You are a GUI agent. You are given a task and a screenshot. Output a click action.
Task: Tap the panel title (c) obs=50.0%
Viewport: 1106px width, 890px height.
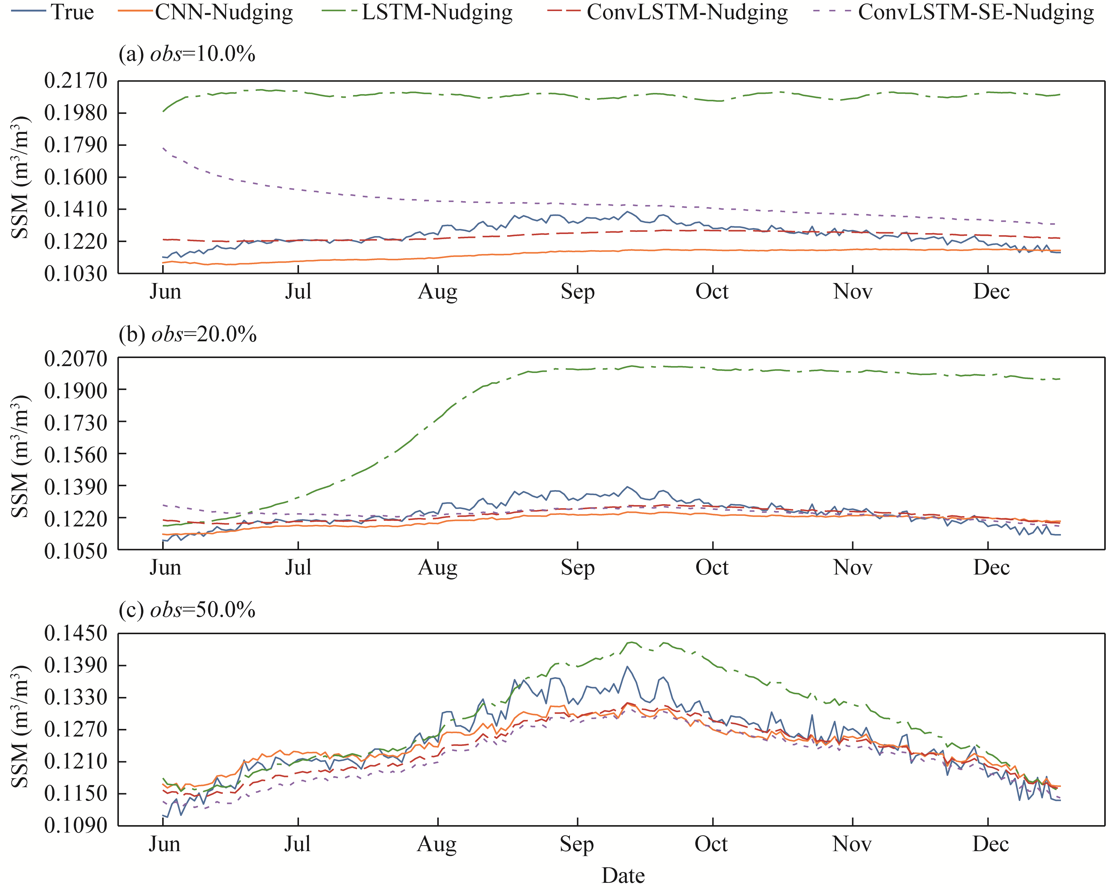pos(187,610)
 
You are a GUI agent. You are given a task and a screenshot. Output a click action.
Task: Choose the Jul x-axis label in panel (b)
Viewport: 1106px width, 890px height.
pos(298,568)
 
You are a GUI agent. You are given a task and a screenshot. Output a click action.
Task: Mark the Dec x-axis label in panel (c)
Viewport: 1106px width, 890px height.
pos(991,844)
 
